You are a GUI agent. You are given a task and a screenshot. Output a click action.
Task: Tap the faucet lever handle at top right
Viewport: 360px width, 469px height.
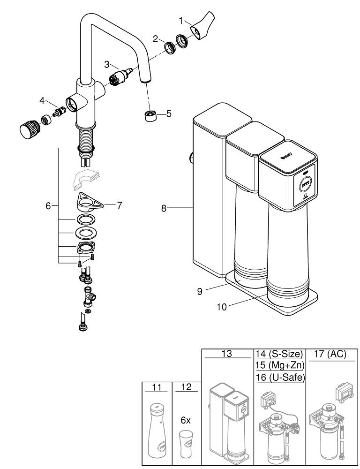point(202,28)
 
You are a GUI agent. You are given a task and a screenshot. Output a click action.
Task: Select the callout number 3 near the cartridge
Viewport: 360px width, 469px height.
point(107,64)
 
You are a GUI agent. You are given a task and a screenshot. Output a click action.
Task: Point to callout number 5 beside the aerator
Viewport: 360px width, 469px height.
point(169,113)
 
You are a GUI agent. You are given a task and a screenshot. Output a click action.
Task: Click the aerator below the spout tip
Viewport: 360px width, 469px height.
point(150,115)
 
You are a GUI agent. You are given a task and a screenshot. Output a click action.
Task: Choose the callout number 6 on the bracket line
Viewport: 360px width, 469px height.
point(48,205)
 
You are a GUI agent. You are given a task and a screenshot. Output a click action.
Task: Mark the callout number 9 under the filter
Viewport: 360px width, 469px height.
point(200,291)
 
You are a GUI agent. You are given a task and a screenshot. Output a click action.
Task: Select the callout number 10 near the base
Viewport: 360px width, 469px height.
point(222,307)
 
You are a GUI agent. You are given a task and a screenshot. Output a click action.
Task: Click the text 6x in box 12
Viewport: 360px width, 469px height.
point(186,421)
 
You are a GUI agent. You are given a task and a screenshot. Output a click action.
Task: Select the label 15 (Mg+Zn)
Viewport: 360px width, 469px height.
point(279,365)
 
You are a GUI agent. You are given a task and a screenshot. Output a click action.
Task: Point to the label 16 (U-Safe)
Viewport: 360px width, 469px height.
point(279,378)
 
